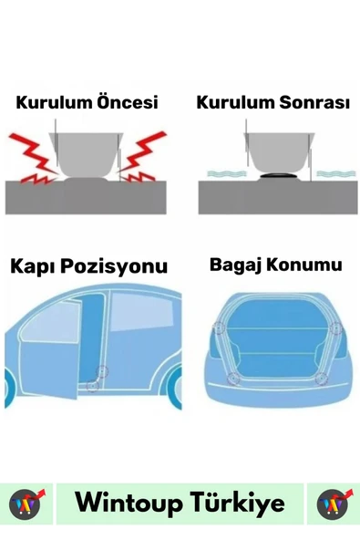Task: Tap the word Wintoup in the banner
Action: [x=129, y=504]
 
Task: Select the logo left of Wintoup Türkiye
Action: [x=26, y=504]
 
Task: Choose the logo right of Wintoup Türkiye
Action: [x=334, y=504]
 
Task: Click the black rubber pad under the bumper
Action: [x=279, y=176]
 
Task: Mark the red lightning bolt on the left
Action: [x=33, y=157]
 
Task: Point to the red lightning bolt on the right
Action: [x=143, y=156]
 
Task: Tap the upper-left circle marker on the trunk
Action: [x=219, y=327]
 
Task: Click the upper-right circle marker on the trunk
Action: [x=336, y=327]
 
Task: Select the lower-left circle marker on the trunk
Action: [x=233, y=379]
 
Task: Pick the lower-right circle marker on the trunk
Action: [x=321, y=379]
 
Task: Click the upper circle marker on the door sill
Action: [x=102, y=371]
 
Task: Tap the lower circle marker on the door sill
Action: [x=92, y=385]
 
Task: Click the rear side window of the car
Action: [x=142, y=311]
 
